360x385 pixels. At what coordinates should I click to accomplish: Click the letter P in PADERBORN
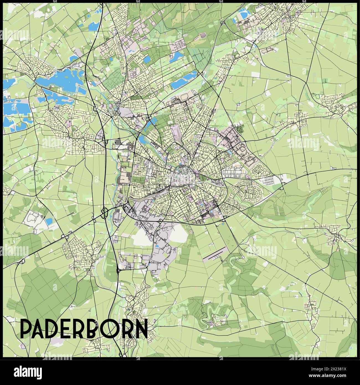point(27,328)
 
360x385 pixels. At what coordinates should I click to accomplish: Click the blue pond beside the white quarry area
point(49,221)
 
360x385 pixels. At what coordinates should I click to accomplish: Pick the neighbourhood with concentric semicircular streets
point(249,191)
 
